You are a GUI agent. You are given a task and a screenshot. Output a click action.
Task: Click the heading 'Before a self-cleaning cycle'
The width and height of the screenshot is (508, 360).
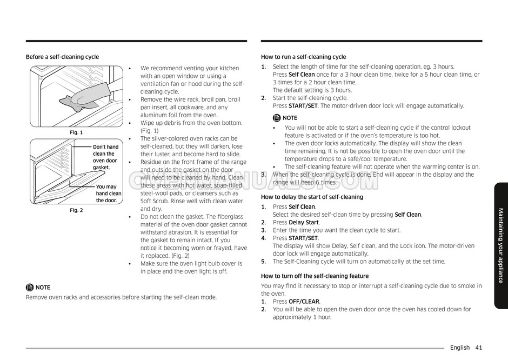coord(62,57)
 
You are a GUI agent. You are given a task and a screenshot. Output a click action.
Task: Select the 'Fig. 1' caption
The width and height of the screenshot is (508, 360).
coord(76,132)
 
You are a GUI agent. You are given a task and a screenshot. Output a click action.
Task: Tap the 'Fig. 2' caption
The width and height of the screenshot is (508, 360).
coord(76,210)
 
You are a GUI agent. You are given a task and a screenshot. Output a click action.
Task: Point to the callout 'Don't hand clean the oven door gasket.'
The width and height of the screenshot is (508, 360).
coord(105,157)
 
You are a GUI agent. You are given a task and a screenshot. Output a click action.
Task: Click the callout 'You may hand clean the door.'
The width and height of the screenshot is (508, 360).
coord(109,194)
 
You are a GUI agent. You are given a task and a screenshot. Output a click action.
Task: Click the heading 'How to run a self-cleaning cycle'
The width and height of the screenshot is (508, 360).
coord(303,57)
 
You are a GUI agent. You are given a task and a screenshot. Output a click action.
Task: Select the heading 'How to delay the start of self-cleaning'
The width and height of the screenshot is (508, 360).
coord(312,197)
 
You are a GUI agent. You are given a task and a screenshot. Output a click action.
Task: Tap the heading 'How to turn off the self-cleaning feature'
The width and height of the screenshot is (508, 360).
coord(315,276)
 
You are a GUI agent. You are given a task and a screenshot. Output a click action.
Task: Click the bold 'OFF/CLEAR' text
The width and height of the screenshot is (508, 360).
coord(304,302)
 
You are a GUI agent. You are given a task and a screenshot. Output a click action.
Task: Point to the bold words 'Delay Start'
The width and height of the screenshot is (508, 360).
coord(304,222)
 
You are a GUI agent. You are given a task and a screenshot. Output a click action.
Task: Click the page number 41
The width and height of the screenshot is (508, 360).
coord(479,348)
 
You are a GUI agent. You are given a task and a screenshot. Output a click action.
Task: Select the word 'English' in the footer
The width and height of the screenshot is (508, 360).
coord(459,348)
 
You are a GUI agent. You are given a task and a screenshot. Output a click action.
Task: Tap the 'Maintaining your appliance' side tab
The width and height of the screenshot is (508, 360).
coord(500,245)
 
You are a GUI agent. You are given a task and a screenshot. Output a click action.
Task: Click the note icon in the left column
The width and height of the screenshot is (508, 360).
coord(30,288)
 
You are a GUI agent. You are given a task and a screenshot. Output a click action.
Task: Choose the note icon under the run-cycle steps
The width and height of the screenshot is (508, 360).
coord(277,118)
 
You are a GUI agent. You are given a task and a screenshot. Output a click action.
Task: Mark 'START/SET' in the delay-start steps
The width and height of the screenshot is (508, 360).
coord(303,238)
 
